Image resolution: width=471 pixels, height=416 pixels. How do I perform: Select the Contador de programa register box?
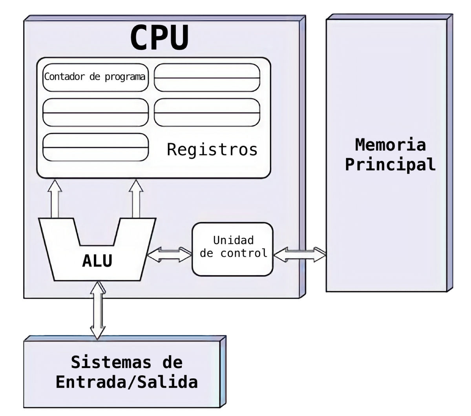coord(95,77)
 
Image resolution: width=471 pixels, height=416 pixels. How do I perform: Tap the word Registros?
coord(212,150)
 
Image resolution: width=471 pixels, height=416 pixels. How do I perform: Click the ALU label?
coord(97,261)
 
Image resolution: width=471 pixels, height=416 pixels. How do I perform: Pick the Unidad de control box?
coord(232,248)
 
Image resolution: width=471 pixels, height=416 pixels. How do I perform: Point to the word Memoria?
coord(390,145)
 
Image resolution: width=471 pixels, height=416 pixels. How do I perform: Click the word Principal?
coord(390,164)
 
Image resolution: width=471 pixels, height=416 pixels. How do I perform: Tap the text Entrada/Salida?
coord(126,382)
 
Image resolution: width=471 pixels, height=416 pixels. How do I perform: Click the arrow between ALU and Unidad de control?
coord(169,254)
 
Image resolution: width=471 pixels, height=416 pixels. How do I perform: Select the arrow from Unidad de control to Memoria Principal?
coord(299,254)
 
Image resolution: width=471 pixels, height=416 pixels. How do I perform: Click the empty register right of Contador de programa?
coord(207,77)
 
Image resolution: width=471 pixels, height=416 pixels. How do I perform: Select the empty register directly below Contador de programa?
coord(95,112)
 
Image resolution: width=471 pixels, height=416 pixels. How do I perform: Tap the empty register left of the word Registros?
coord(95,147)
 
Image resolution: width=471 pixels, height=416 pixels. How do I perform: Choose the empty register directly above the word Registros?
coord(207,112)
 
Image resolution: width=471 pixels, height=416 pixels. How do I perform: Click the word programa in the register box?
coord(125,77)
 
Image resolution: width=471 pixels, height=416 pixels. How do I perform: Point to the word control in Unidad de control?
coord(244,253)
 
